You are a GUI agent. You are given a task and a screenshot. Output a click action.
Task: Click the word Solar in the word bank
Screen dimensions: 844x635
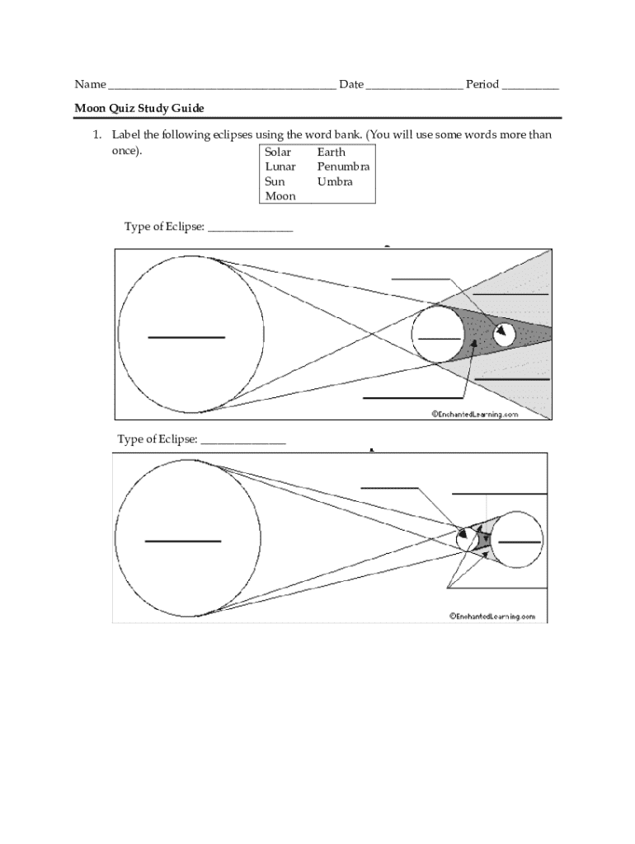tap(278, 152)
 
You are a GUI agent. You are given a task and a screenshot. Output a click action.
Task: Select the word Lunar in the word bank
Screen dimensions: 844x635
tap(280, 166)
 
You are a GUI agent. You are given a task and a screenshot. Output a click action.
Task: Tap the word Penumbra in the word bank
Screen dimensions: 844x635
tap(343, 166)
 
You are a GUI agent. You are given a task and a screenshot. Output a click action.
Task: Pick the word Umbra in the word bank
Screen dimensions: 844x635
tap(335, 181)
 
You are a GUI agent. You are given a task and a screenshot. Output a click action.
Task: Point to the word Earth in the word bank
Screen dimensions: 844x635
tap(331, 152)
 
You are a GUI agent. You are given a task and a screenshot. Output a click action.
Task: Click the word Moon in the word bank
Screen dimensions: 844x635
tap(280, 196)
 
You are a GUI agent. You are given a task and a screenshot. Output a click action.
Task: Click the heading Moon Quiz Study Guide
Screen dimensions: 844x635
tap(139, 108)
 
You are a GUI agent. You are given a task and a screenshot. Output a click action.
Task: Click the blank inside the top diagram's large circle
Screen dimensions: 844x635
tap(186, 337)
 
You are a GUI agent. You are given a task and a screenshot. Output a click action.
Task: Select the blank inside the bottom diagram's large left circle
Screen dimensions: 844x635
tap(183, 541)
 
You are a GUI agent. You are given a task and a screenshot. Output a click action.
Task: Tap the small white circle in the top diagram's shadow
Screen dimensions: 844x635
tap(504, 334)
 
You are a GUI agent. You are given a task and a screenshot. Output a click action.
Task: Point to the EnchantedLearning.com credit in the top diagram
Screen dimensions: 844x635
tap(475, 415)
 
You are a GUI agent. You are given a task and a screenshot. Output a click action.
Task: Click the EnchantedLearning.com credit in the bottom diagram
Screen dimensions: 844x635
tap(492, 616)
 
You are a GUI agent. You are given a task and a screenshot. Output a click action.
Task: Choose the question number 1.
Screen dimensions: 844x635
tap(96, 134)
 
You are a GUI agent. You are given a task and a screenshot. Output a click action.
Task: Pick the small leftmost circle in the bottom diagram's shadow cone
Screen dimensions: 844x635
tap(467, 539)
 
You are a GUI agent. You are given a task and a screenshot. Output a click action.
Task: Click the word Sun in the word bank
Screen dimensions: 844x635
tap(275, 181)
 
